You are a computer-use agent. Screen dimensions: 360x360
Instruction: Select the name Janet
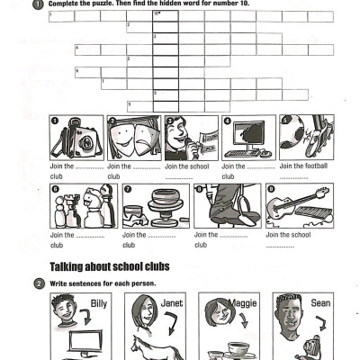pyautogui.click(x=172, y=303)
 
